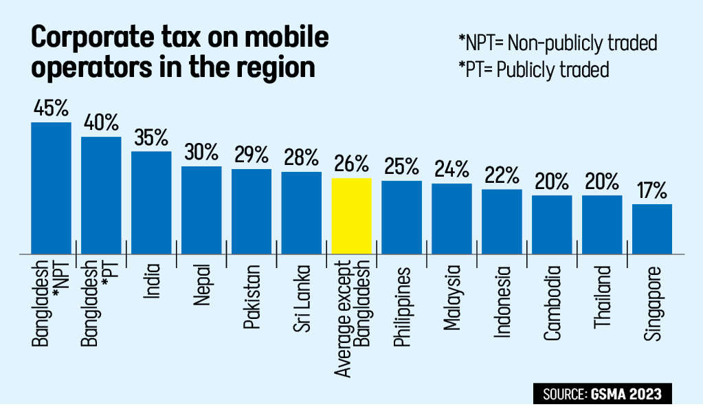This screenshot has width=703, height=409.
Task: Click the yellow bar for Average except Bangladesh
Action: tap(351, 216)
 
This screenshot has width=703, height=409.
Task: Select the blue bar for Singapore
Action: tap(651, 229)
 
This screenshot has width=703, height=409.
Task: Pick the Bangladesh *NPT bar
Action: tap(51, 188)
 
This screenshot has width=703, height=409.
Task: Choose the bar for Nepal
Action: tap(201, 210)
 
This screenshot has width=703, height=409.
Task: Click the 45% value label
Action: tap(51, 109)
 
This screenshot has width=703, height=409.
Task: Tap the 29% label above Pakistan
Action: tap(252, 155)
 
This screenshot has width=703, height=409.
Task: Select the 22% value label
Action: tap(502, 175)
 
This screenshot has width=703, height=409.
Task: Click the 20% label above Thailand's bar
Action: tap(602, 181)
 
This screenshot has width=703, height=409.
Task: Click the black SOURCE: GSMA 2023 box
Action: tap(602, 394)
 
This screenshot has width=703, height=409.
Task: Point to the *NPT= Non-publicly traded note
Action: tap(557, 43)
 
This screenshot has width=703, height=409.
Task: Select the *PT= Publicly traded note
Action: tap(533, 69)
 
